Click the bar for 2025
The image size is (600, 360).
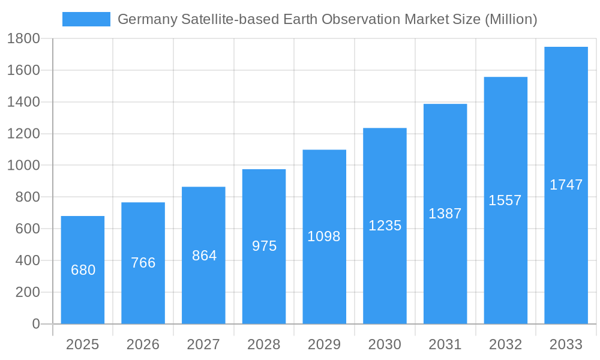pos(83,270)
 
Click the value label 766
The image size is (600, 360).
pos(143,263)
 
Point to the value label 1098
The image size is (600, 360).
pos(324,236)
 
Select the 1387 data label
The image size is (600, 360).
pos(445,214)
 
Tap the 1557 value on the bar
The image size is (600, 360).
pos(505,200)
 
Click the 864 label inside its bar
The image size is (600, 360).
pos(204,256)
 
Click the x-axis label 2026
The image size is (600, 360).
pos(143,344)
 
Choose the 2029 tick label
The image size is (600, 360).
pos(324,344)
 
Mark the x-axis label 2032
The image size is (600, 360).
pos(505,344)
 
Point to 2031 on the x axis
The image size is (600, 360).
pos(445,344)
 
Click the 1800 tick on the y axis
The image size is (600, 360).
pos(23,39)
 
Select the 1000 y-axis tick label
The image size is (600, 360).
pos(23,166)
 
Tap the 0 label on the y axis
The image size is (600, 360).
pos(35,324)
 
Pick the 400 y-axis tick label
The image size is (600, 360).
pos(28,260)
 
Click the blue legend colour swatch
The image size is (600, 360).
pos(86,19)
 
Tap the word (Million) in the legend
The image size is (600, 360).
pos(510,20)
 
